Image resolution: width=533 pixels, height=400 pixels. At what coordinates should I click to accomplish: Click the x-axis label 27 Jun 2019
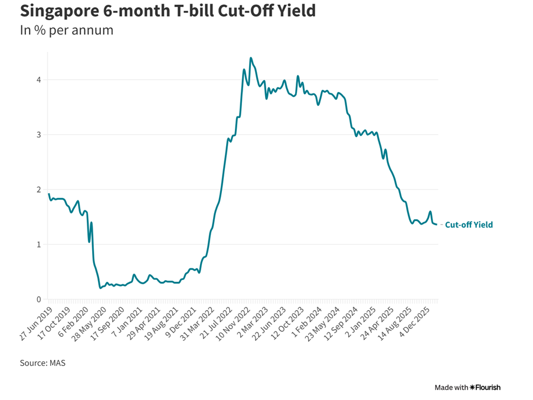point(33,324)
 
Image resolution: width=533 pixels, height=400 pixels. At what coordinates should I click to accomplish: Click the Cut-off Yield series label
point(469,225)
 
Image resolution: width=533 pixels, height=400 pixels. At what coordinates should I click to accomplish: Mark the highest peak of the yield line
point(251,58)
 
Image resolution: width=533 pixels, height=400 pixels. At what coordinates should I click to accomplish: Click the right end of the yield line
point(436,225)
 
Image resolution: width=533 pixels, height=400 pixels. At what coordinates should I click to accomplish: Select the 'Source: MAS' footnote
point(43,363)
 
